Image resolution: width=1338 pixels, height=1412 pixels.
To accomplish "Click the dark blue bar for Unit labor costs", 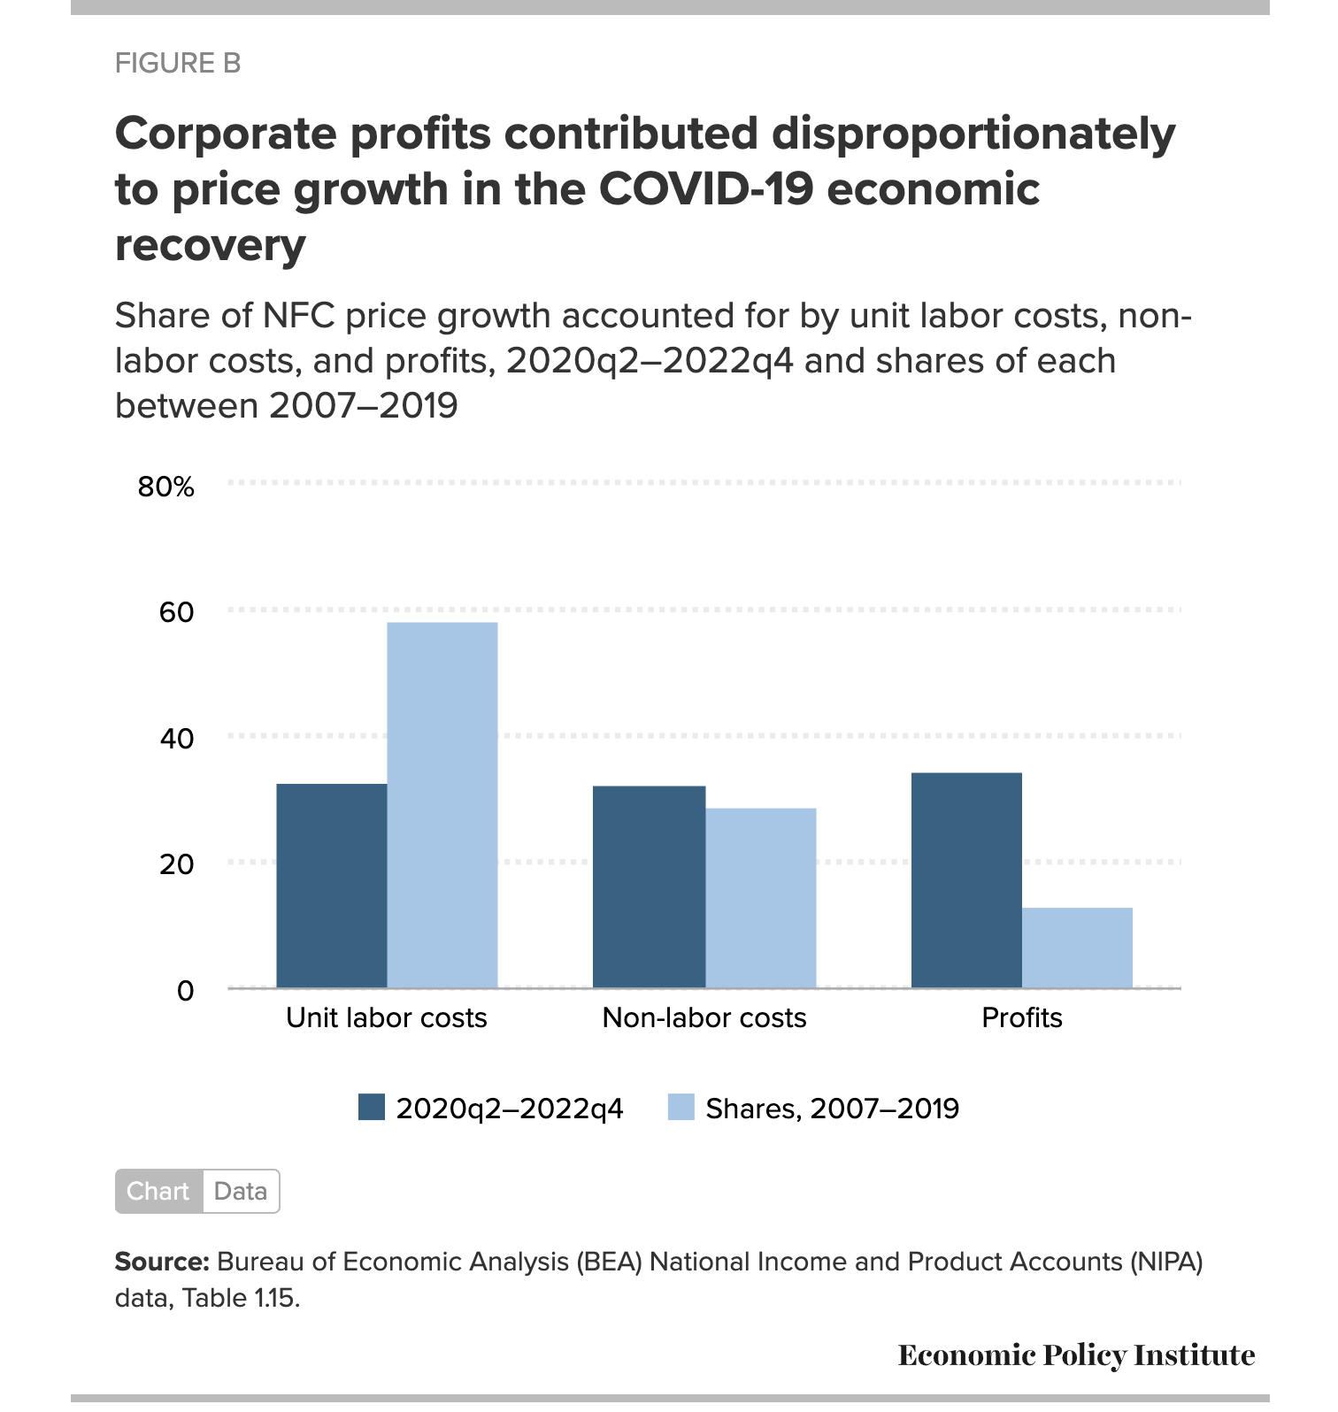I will point(332,886).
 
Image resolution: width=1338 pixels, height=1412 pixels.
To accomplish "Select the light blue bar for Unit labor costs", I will point(442,805).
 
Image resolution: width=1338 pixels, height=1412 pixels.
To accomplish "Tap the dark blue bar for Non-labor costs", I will point(649,886).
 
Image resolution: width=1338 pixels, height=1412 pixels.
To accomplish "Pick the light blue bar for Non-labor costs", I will point(761,898).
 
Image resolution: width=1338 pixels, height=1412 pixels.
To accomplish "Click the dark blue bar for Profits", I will point(966,880).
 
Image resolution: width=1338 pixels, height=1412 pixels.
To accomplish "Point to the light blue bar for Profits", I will point(1077,948).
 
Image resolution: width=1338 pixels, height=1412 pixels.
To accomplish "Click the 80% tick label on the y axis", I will point(166,487).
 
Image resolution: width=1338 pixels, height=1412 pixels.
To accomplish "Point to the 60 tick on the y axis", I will point(176,612).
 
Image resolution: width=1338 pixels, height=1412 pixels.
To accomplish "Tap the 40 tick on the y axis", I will point(176,739).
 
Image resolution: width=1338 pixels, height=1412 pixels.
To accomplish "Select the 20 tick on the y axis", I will point(176,864).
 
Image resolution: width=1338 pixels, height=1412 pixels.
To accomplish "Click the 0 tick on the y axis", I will point(185,991).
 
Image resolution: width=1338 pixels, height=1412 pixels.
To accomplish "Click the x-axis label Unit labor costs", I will point(387,1018).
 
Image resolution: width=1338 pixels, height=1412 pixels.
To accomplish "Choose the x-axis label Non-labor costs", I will point(704,1018).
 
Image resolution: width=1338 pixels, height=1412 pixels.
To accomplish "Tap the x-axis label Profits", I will point(1022,1018).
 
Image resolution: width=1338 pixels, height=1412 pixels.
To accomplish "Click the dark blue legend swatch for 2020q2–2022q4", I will point(372,1108).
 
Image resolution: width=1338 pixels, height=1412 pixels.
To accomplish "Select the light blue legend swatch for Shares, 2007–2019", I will point(681,1108).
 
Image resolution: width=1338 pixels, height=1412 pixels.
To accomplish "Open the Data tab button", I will point(241,1192).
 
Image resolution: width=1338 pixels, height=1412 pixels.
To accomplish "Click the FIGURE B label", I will point(178,64).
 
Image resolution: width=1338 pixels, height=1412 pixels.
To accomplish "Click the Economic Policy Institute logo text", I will point(1076,1355).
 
